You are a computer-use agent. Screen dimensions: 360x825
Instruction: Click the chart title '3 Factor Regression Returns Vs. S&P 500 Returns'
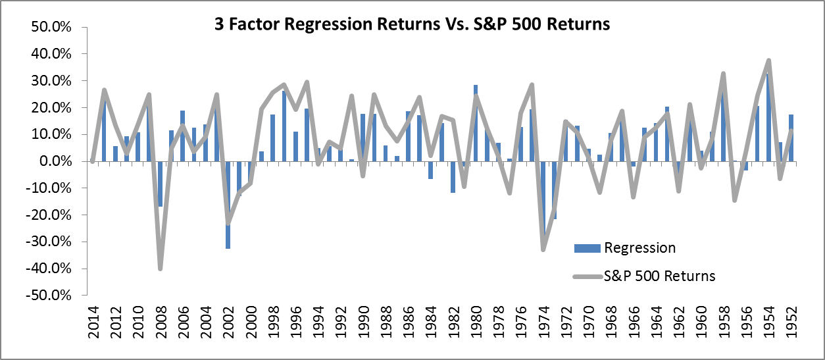tap(413, 24)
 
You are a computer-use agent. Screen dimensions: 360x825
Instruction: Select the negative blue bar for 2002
tap(228, 204)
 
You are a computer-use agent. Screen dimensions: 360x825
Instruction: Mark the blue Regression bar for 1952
tap(791, 138)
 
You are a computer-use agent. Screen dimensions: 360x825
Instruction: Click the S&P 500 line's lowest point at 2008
tap(160, 269)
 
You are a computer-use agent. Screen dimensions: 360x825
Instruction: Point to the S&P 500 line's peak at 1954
tap(768, 61)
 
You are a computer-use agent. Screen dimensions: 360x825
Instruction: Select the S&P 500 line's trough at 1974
tap(543, 249)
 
